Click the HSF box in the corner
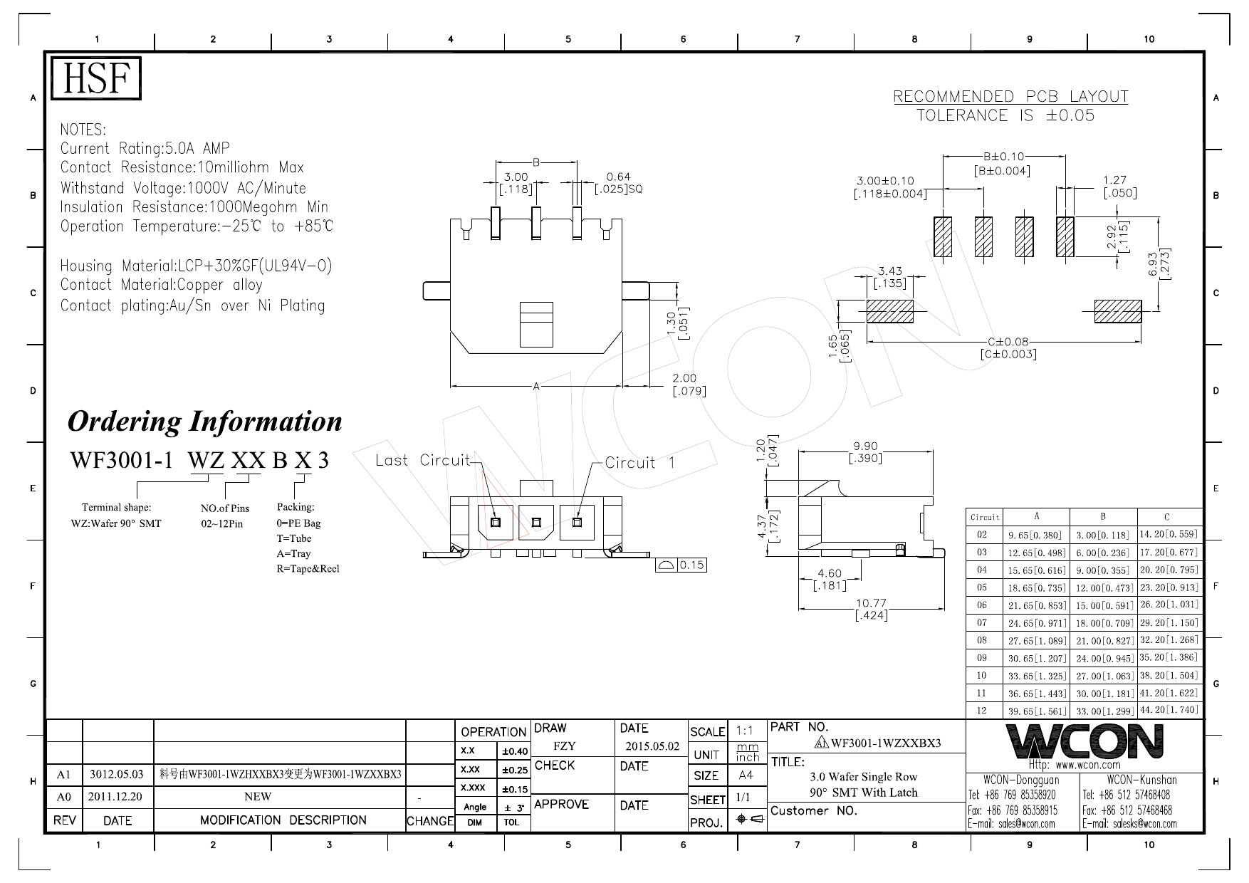(96, 78)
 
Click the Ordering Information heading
(204, 422)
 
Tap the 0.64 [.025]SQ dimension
(618, 182)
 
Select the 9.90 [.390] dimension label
(865, 452)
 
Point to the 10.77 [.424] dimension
(872, 610)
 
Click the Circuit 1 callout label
(639, 463)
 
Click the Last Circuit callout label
(423, 460)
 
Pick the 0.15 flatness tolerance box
(681, 565)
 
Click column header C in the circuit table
(1166, 517)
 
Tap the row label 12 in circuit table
(982, 711)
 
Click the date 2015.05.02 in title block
(652, 747)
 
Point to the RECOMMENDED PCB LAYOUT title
(1010, 97)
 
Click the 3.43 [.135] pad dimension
(889, 277)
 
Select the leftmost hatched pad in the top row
(943, 236)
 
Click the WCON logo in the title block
(1085, 741)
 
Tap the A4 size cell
(746, 775)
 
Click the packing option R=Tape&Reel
(308, 569)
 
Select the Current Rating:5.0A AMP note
(145, 149)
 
